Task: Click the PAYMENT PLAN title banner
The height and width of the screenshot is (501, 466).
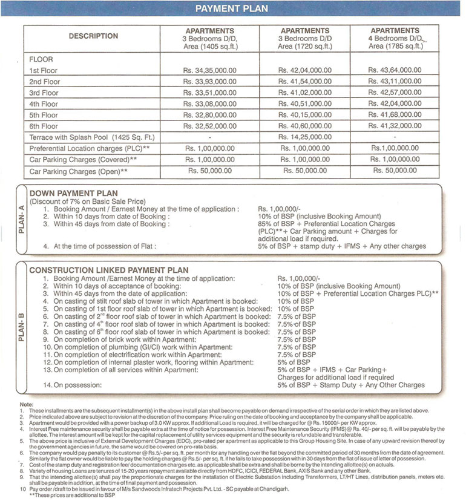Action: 232,9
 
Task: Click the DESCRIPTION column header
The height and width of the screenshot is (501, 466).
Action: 93,36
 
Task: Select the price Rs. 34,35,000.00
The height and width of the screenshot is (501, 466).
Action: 209,70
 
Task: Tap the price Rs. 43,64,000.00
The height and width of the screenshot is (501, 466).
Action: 395,70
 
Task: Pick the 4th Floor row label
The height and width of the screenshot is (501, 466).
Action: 44,104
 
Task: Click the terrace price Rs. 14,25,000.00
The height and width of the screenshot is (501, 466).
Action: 305,137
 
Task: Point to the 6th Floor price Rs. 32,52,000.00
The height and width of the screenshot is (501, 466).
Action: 209,126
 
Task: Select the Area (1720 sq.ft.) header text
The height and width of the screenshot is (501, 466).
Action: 305,45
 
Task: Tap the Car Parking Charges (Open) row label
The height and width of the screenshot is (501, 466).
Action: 79,172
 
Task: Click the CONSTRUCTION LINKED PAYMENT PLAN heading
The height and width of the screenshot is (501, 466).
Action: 109,270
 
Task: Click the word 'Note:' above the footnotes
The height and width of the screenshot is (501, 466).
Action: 27,403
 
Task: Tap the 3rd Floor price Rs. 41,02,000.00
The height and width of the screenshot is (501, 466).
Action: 305,93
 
